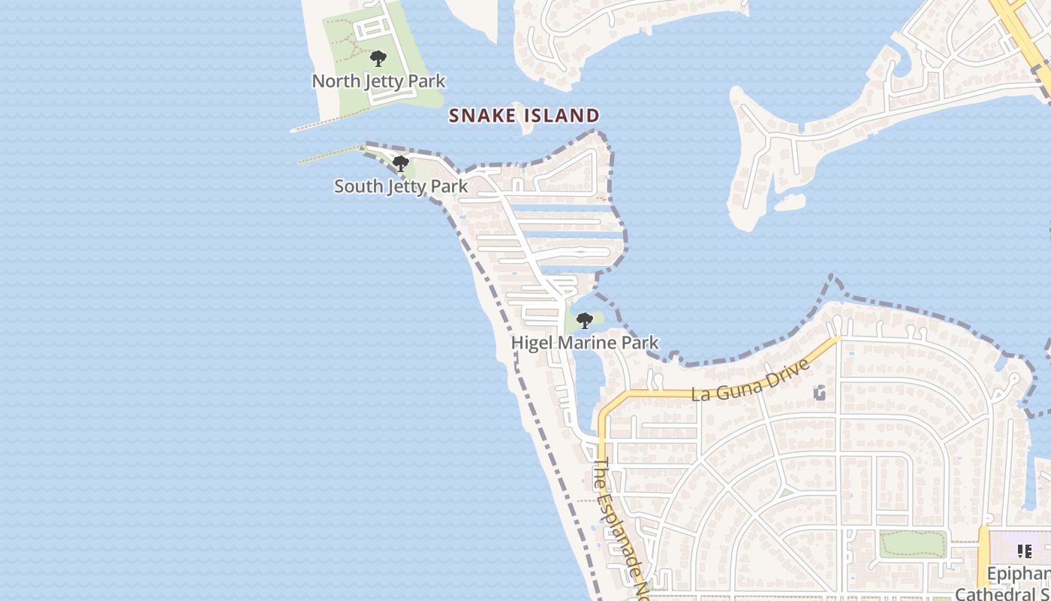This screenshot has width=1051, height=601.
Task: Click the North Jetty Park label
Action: pos(378,81)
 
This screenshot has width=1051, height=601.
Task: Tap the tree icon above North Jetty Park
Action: pos(378,59)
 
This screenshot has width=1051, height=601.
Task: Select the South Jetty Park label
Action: pos(401,186)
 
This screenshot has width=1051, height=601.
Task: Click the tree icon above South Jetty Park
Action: pos(401,163)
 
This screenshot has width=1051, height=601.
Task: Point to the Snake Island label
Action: pos(524,116)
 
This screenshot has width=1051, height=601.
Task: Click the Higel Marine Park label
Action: pos(585,343)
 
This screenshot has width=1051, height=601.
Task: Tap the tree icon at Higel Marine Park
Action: pos(584,322)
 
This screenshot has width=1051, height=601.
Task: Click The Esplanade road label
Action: pos(620,526)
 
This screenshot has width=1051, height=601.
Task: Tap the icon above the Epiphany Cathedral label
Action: pos(1025,551)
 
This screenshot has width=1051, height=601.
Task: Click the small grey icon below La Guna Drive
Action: pos(819,392)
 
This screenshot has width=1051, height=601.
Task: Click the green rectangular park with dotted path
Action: pos(913,545)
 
